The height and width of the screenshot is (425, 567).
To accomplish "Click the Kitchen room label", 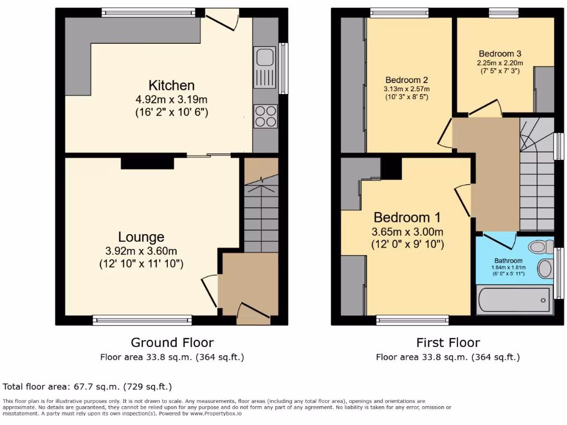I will click(171, 86).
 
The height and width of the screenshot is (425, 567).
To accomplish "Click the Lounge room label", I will click(141, 237).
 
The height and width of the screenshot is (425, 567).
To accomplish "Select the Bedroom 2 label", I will click(406, 80).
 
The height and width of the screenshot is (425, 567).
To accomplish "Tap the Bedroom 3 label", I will click(499, 54).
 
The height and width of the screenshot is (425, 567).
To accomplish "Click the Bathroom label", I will click(508, 261).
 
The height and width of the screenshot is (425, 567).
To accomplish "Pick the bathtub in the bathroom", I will click(514, 300).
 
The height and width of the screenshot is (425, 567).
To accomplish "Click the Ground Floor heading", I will click(172, 343).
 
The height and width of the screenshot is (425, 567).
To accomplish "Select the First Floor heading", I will click(447, 343).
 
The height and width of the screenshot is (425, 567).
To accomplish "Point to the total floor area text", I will click(87, 387).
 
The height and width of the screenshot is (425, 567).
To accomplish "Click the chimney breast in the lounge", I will click(147, 163).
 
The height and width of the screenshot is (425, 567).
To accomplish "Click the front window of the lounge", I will click(142, 320).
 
